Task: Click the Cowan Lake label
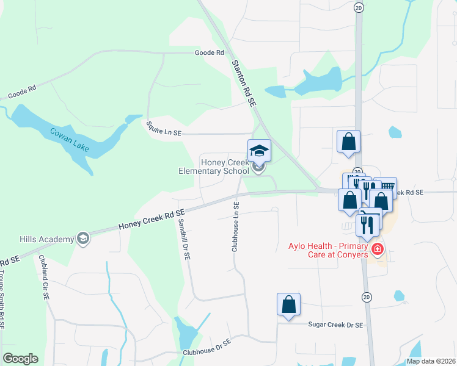(x=69, y=138)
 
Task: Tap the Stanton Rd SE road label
(x=243, y=83)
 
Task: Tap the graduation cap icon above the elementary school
(x=258, y=150)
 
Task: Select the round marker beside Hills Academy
(x=84, y=239)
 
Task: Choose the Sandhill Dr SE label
(x=185, y=240)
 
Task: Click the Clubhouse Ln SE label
(x=235, y=226)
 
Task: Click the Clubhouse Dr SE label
(x=206, y=348)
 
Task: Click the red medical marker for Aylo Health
(x=378, y=249)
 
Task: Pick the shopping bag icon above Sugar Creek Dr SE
(x=288, y=304)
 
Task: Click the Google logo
(x=20, y=359)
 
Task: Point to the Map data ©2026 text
(x=431, y=361)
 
